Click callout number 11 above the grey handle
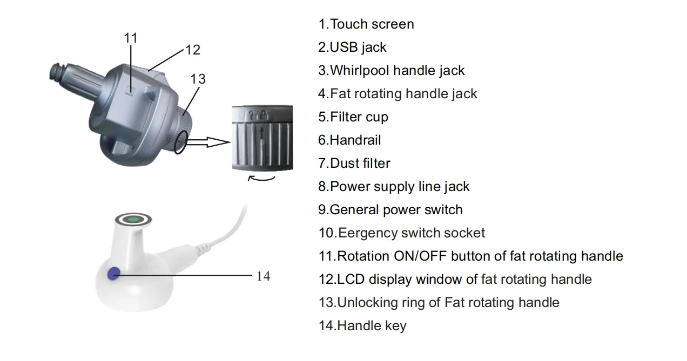pyautogui.click(x=131, y=38)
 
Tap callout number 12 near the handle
pyautogui.click(x=192, y=50)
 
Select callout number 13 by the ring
pyautogui.click(x=198, y=79)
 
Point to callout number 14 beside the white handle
pyautogui.click(x=263, y=276)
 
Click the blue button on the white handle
pyautogui.click(x=113, y=274)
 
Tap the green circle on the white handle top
pyautogui.click(x=133, y=219)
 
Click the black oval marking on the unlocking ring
pyautogui.click(x=180, y=142)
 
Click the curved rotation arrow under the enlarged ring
pyautogui.click(x=262, y=179)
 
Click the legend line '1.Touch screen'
pyautogui.click(x=366, y=24)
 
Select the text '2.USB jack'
pyautogui.click(x=352, y=47)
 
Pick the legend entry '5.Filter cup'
pyautogui.click(x=353, y=117)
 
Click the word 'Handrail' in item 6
pyautogui.click(x=355, y=140)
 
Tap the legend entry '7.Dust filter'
pyautogui.click(x=354, y=164)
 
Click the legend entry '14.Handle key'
pyautogui.click(x=362, y=326)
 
